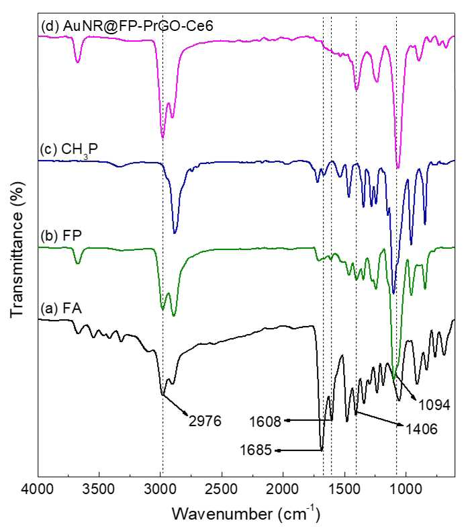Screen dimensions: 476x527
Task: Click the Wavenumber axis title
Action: (x=246, y=514)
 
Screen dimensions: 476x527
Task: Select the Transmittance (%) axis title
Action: (x=17, y=249)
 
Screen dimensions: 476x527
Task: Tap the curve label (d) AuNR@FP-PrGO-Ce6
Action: (x=128, y=26)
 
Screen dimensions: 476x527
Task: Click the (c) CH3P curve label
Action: (x=68, y=150)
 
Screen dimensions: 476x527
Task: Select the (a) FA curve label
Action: (x=61, y=308)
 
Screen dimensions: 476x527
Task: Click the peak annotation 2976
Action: (x=205, y=421)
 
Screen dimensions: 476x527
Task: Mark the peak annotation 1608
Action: (x=265, y=422)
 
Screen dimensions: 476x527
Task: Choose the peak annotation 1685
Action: (x=256, y=450)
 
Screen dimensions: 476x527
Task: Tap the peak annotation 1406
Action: (x=422, y=429)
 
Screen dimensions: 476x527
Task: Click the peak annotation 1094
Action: (x=434, y=405)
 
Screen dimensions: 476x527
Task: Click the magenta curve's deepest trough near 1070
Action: (x=398, y=167)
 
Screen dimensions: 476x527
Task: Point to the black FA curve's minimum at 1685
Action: (x=322, y=450)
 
